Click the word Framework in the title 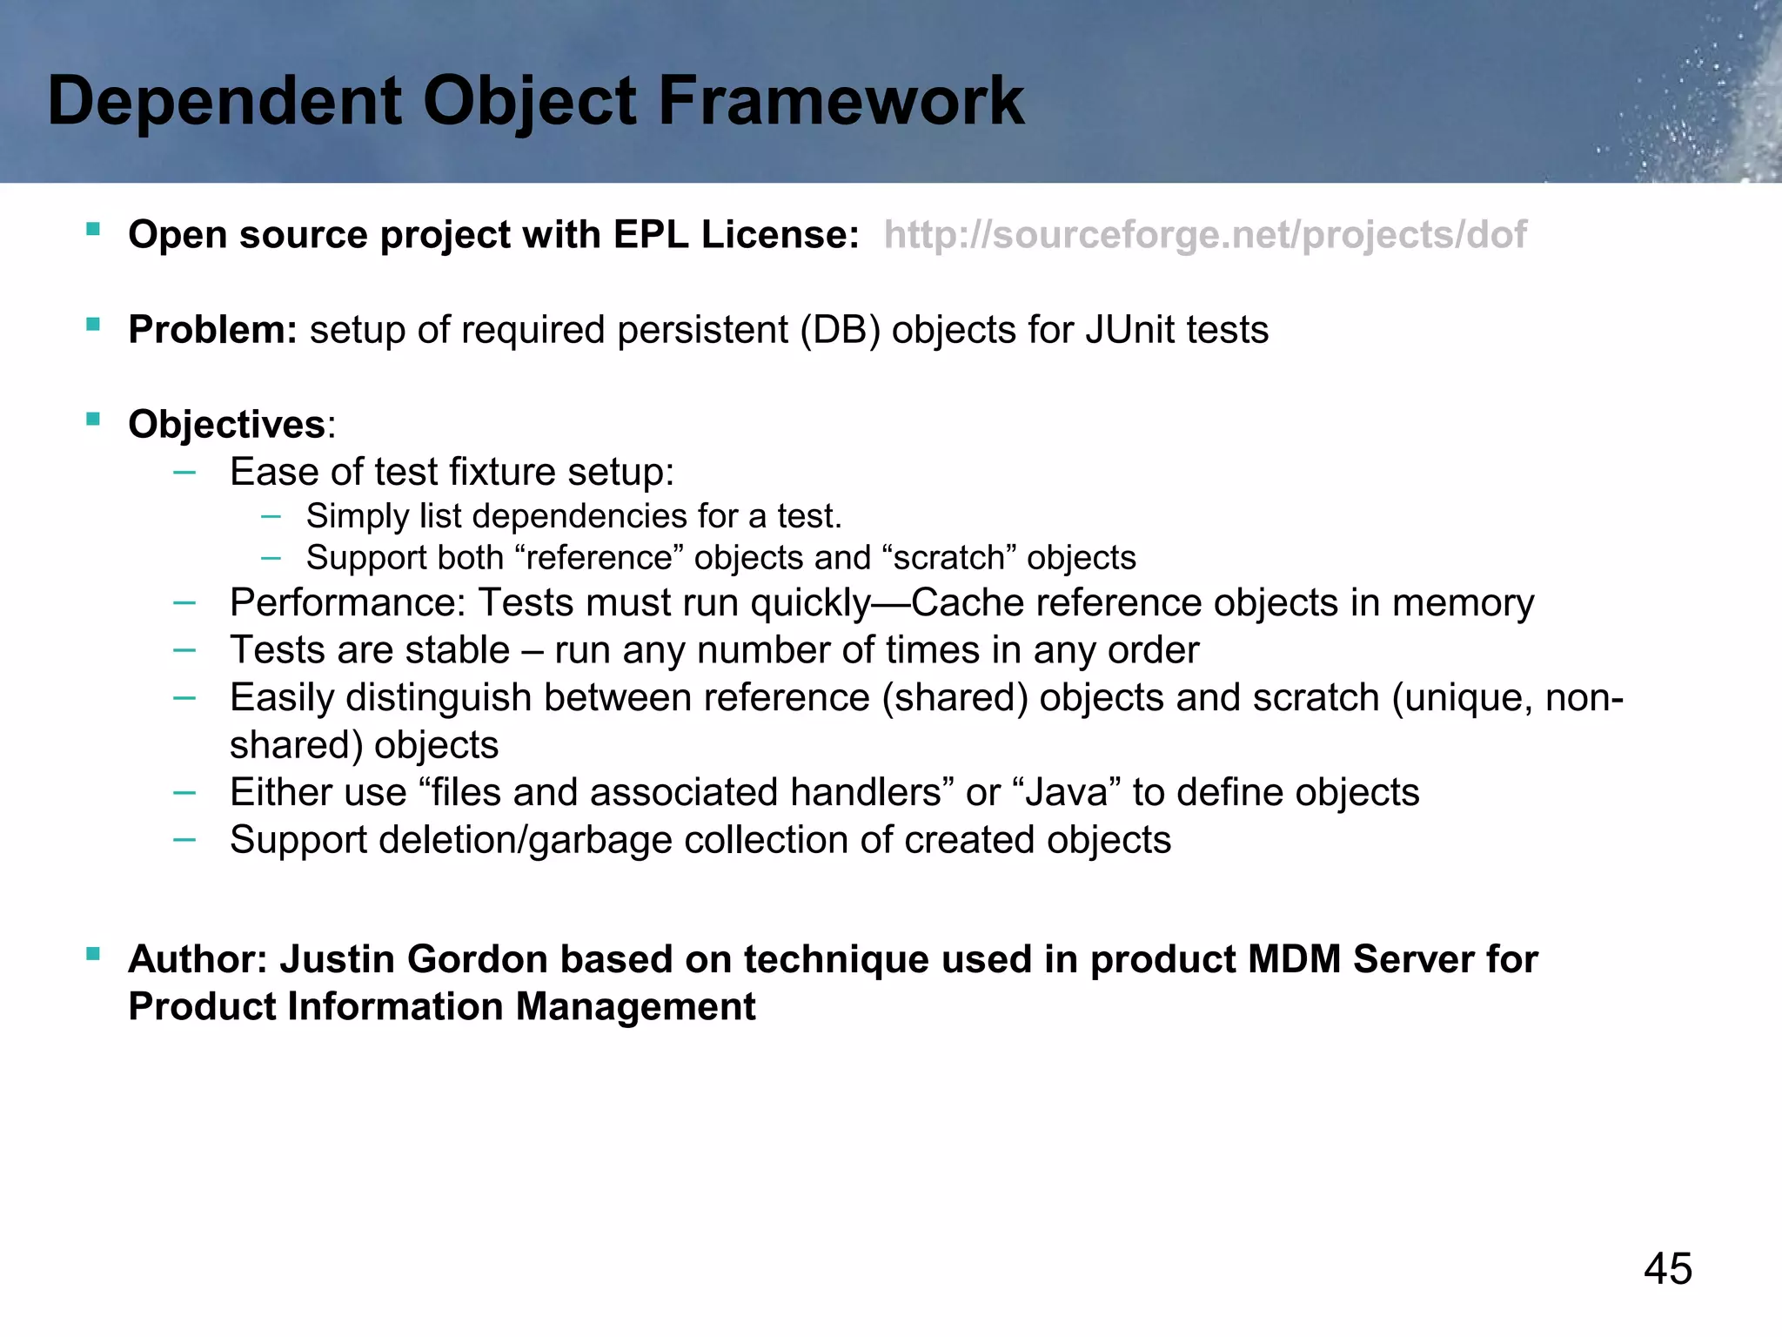(x=841, y=101)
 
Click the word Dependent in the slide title (x=224, y=101)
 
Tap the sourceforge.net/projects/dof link (x=1204, y=235)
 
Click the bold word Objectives (x=226, y=425)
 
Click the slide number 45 (x=1667, y=1268)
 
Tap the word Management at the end (x=635, y=1007)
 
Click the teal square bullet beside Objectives (x=93, y=420)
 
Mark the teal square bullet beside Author (x=93, y=954)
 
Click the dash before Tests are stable (x=184, y=649)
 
